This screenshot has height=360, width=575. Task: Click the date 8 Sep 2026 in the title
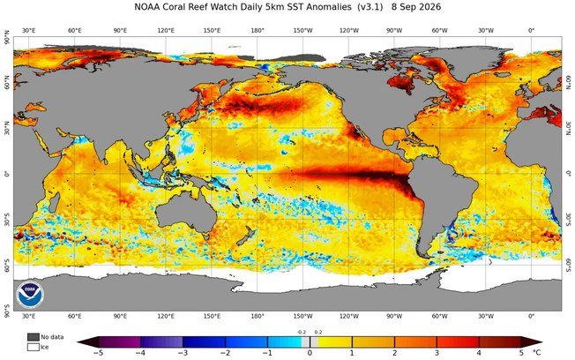pos(416,7)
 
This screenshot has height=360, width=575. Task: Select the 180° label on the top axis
pos(258,31)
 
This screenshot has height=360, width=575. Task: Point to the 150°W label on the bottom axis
pos(303,316)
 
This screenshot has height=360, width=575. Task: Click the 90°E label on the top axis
pos(120,31)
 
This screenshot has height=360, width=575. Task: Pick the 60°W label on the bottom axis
pos(439,316)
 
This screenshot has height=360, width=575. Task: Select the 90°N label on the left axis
pos(6,37)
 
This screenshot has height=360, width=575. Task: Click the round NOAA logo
pos(30,295)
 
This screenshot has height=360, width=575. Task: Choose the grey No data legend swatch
pos(34,337)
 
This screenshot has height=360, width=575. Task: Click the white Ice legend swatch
pos(34,347)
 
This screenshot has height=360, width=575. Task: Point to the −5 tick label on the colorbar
pos(98,353)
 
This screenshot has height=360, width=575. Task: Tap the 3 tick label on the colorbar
pos(437,353)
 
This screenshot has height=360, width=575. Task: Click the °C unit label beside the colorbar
pos(536,353)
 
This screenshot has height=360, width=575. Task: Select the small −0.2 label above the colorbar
pos(302,332)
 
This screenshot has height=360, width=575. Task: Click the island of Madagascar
pos(54,203)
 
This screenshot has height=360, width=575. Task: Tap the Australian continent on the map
pos(185,214)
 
